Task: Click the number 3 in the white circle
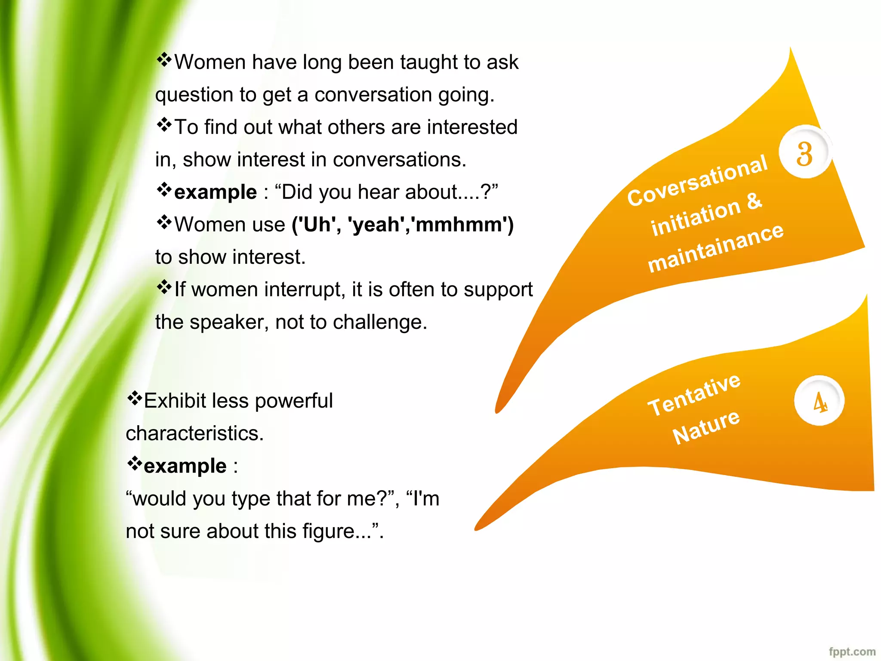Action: click(x=804, y=153)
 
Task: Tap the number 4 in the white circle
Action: click(x=819, y=402)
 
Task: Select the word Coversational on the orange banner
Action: click(x=697, y=181)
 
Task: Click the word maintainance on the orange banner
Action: click(x=716, y=248)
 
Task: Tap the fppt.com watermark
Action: click(x=852, y=652)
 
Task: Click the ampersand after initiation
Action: click(x=754, y=201)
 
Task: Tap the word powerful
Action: click(x=294, y=401)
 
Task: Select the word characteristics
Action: click(x=194, y=433)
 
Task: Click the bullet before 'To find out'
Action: click(x=164, y=125)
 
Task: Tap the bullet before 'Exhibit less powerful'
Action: click(x=134, y=399)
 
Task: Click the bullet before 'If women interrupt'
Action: click(x=164, y=287)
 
